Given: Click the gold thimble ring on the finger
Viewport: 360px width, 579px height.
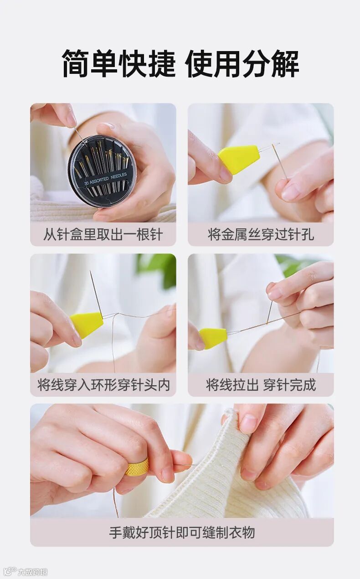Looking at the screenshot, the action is [x=137, y=467].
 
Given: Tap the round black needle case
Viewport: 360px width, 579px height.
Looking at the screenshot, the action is [x=102, y=171].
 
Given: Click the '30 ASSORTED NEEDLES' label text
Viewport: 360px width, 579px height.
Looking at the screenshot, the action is [x=106, y=178].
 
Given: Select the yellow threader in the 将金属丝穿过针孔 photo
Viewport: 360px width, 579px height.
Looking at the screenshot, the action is [x=238, y=160].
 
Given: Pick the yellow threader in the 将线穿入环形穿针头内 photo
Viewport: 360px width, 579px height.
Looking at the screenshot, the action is [x=87, y=325].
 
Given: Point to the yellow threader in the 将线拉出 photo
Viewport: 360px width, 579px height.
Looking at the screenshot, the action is [x=213, y=338].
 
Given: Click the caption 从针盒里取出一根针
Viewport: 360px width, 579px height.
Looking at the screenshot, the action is [x=103, y=234].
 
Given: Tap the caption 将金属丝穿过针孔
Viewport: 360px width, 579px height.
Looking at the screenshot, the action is [x=261, y=234].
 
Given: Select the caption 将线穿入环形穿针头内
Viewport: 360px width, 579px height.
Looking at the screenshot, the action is [x=103, y=385].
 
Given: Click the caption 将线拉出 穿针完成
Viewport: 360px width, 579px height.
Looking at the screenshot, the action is [x=261, y=385].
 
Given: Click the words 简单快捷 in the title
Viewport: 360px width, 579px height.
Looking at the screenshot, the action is [x=119, y=64].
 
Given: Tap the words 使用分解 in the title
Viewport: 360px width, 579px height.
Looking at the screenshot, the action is [x=242, y=64].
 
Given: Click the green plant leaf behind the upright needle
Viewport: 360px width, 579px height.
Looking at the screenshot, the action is [x=156, y=269].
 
